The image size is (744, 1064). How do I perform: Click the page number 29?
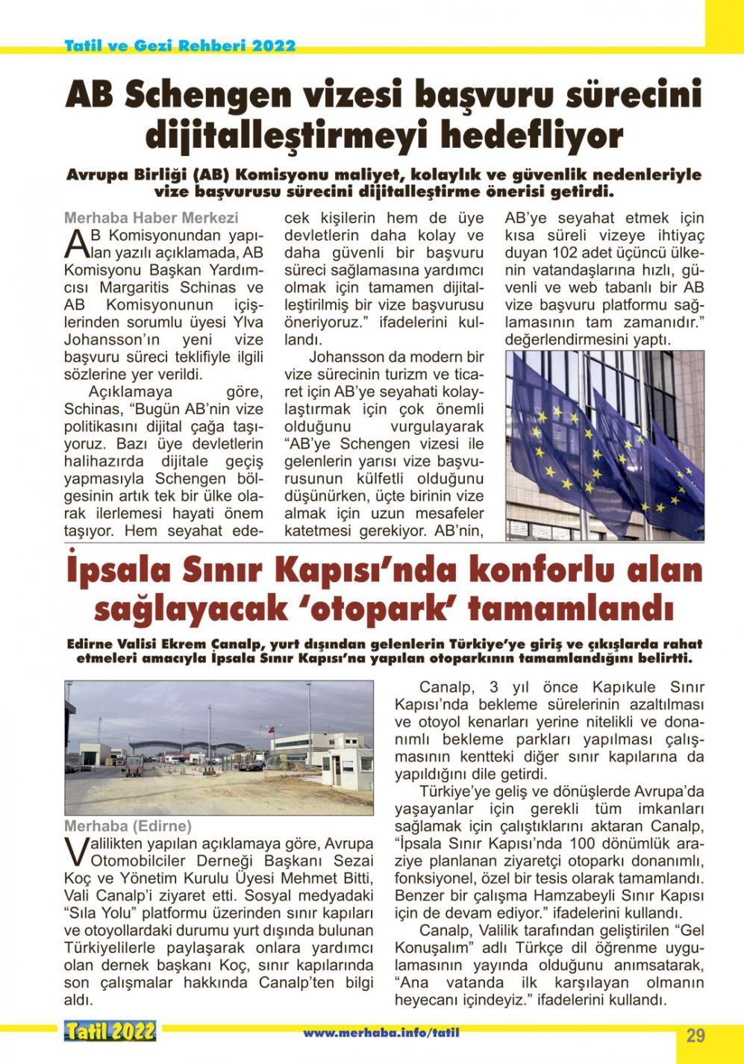click(x=695, y=1035)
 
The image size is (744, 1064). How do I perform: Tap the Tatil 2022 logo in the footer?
click(x=110, y=1031)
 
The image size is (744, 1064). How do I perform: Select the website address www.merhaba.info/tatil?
click(x=381, y=1033)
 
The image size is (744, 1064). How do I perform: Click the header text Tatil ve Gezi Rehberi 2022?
click(x=180, y=45)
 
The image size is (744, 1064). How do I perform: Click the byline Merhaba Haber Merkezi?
click(x=151, y=218)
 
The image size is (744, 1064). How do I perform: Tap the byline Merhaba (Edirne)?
click(x=128, y=826)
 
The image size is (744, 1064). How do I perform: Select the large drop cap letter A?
click(x=78, y=243)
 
